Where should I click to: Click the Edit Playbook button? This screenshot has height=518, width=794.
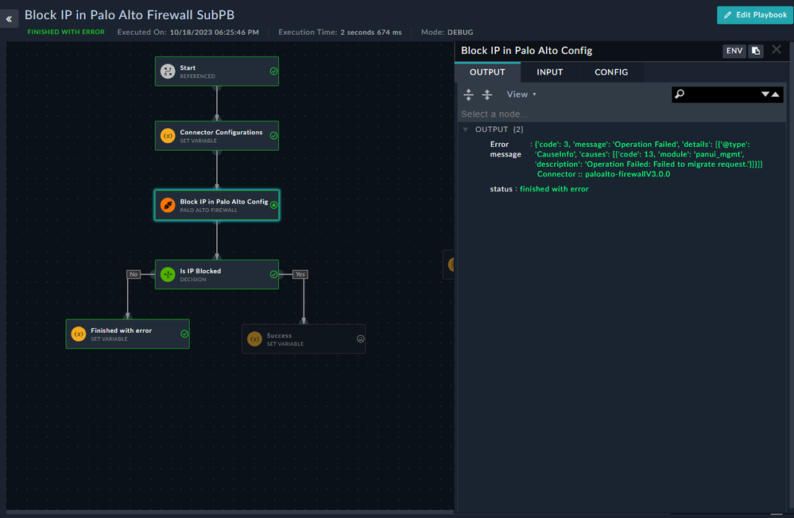(754, 15)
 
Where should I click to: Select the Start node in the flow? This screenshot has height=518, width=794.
(216, 72)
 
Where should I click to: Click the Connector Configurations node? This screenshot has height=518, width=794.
(216, 136)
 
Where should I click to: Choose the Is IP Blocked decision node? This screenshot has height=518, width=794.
(216, 275)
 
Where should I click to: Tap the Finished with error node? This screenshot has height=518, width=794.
(127, 334)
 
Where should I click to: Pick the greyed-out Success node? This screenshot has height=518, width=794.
(304, 339)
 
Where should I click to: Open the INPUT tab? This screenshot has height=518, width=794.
(549, 72)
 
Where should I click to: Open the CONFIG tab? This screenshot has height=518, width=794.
(611, 72)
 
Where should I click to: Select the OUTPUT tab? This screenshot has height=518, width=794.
(487, 72)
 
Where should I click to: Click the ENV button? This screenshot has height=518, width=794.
(734, 51)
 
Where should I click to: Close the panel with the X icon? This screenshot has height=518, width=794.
(777, 50)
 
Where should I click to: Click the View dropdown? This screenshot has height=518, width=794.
(521, 95)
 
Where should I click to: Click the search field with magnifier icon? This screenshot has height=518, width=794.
(715, 95)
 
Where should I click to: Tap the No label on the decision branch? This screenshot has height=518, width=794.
(134, 274)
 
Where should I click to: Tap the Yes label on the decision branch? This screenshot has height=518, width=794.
(300, 274)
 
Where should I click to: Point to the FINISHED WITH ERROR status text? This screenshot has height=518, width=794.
(66, 33)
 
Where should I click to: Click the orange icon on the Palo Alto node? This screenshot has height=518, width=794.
(168, 206)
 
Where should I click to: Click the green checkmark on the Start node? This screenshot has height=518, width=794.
(273, 72)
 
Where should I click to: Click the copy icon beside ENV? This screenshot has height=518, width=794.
(756, 51)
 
